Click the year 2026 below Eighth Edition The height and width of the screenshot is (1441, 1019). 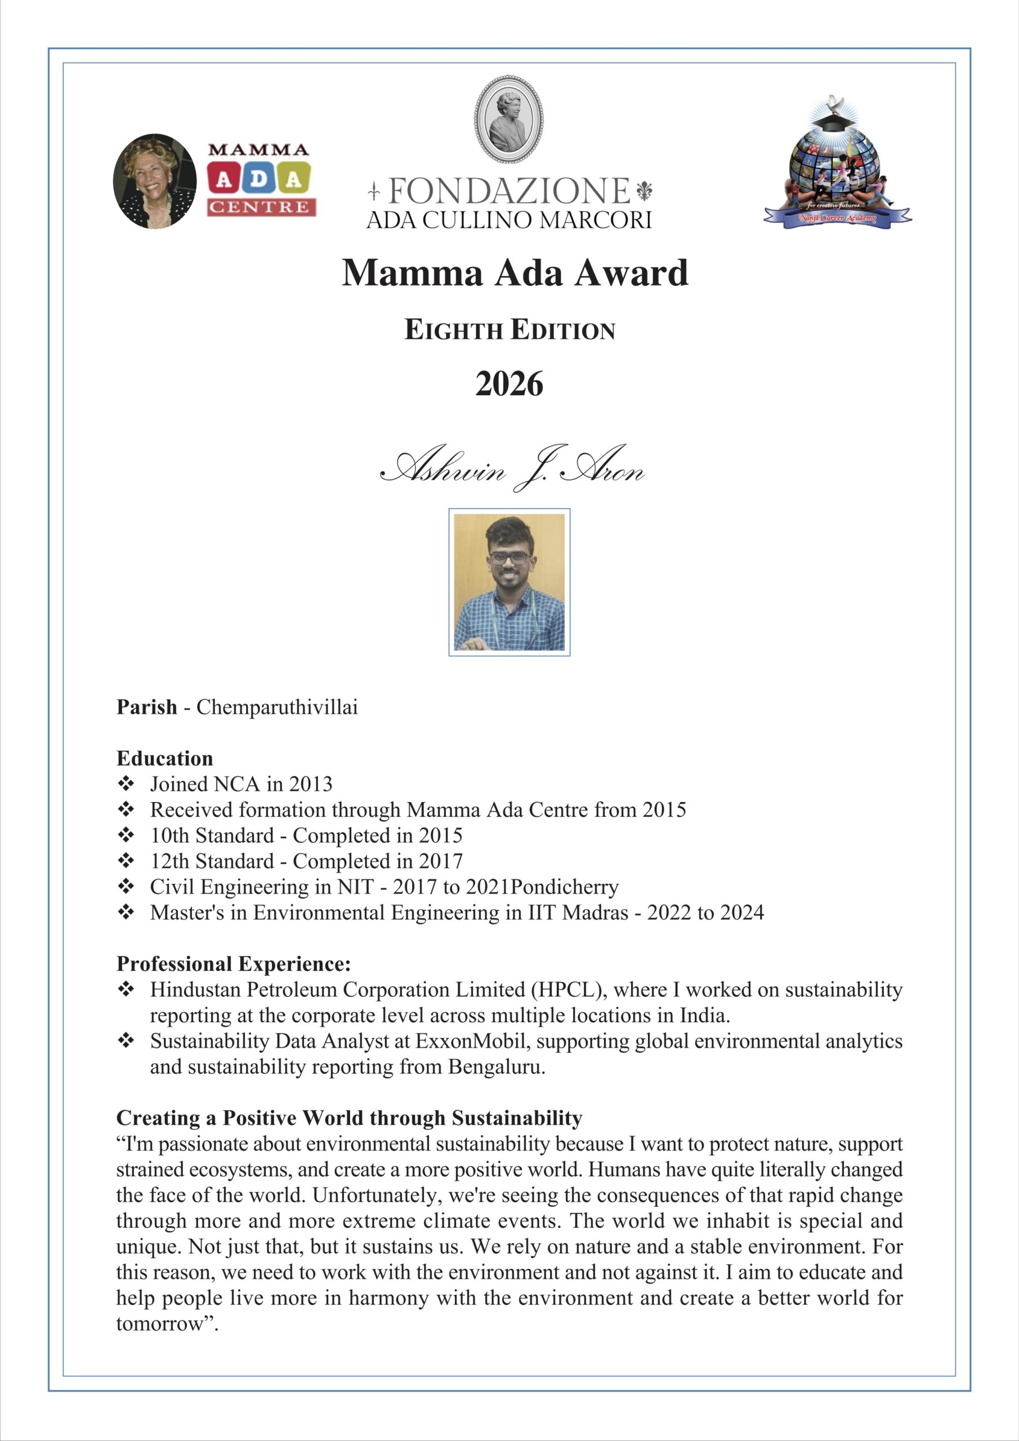pyautogui.click(x=508, y=384)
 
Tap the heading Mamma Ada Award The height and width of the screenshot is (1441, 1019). pyautogui.click(x=515, y=273)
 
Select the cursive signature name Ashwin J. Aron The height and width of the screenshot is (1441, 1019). pyautogui.click(x=512, y=468)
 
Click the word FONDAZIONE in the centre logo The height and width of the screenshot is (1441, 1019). pyautogui.click(x=508, y=191)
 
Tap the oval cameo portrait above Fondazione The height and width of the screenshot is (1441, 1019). pyautogui.click(x=508, y=119)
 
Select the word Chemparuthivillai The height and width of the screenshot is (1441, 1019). pyautogui.click(x=277, y=708)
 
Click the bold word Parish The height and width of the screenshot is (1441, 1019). pyautogui.click(x=147, y=708)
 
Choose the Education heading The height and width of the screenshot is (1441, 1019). pyautogui.click(x=164, y=758)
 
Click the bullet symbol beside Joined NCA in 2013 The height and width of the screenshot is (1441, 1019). pyautogui.click(x=126, y=783)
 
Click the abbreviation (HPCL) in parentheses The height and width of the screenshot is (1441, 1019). pyautogui.click(x=568, y=990)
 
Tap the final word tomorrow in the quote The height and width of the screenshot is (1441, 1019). pyautogui.click(x=160, y=1323)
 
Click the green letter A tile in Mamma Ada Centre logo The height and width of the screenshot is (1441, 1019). pyautogui.click(x=293, y=180)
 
